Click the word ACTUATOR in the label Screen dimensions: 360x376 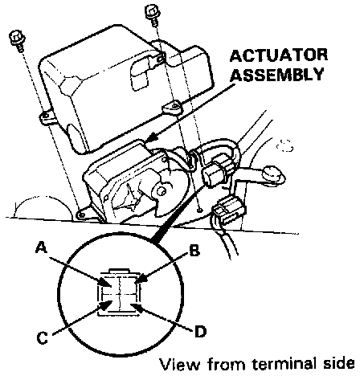pos(279,55)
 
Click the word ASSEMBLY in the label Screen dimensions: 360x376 pos(277,74)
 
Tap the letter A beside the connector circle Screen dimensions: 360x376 pos(42,247)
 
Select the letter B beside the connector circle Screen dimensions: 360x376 pos(194,251)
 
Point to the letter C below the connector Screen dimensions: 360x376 pos(42,337)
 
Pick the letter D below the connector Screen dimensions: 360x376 pos(200,332)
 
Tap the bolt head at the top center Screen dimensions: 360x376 pos(152,11)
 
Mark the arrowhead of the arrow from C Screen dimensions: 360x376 pos(106,304)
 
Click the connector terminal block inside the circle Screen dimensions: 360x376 pos(119,292)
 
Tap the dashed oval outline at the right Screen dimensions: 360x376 pos(284,145)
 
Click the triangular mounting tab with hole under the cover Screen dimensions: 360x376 pos(172,108)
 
